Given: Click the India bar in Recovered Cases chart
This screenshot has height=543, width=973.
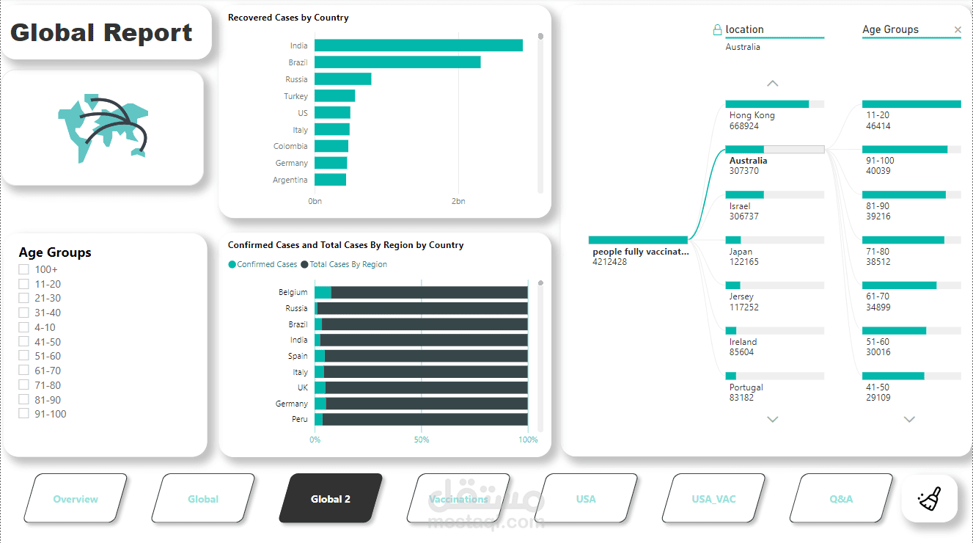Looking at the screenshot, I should (418, 45).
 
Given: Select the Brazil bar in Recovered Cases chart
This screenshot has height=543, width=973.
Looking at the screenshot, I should (397, 62).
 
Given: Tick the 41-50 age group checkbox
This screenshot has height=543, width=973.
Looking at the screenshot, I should (24, 342).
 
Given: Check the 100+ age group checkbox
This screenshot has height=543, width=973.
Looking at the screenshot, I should (24, 270).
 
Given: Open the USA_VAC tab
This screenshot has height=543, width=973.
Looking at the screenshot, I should (713, 499).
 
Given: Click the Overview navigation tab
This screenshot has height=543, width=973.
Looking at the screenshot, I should (76, 499).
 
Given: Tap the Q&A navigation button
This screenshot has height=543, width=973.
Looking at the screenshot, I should (841, 499).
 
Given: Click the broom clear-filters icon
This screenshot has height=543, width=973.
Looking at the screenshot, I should (929, 499).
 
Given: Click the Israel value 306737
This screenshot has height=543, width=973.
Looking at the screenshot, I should (744, 216).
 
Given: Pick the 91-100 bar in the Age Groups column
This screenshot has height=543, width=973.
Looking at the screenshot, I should (905, 150).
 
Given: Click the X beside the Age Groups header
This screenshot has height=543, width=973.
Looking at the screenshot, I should (958, 30).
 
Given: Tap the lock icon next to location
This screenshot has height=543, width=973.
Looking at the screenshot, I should (717, 30).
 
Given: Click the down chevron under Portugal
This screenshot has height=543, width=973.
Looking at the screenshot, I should (772, 420).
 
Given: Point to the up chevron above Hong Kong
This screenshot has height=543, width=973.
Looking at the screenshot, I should (772, 84).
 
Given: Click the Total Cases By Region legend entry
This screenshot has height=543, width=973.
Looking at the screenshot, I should (348, 264).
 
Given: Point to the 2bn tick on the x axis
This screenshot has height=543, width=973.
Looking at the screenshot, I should (458, 201).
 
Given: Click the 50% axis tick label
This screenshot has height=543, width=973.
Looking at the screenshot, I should (422, 440).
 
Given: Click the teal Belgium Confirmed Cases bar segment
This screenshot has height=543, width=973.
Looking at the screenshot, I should (323, 292).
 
